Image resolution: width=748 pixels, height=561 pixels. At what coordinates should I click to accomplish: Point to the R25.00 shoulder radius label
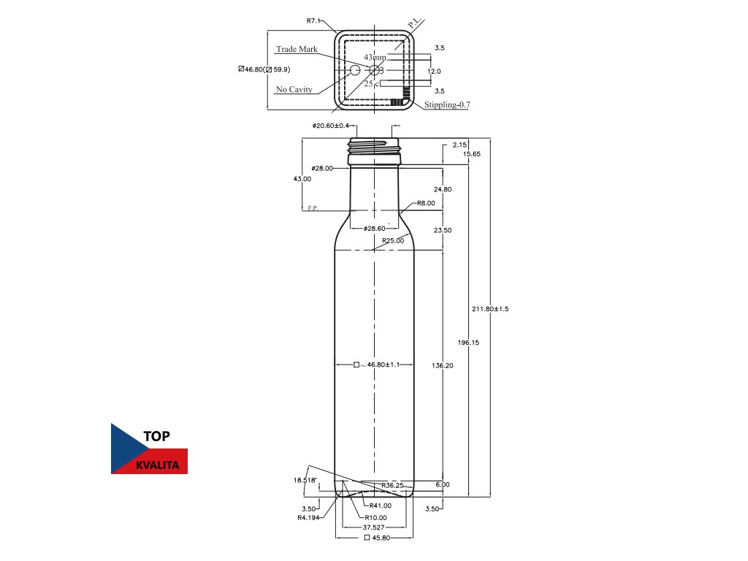pos(392,240)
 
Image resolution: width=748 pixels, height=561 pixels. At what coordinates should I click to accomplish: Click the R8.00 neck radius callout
pos(426,203)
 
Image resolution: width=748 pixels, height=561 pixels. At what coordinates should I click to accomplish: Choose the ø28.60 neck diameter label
pos(374,229)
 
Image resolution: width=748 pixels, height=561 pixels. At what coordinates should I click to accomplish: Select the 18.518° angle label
pos(305,480)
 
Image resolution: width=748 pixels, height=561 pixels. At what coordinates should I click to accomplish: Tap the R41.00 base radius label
pos(380,505)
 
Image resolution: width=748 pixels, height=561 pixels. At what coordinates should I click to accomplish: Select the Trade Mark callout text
pos(297,49)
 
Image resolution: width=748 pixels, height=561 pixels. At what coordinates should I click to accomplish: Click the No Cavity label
pos(294,90)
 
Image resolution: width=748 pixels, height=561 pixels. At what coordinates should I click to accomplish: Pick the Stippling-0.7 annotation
pos(447,105)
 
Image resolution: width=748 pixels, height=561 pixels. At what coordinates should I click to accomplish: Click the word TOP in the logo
pos(157,436)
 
